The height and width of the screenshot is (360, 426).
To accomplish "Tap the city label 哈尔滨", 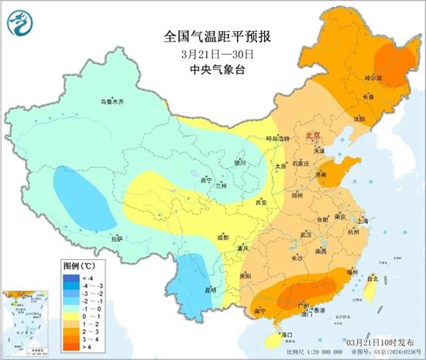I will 375,77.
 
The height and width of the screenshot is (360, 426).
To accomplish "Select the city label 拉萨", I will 117,239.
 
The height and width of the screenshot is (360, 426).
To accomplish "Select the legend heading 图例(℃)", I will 77,265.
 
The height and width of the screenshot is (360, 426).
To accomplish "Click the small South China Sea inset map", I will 27,320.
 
